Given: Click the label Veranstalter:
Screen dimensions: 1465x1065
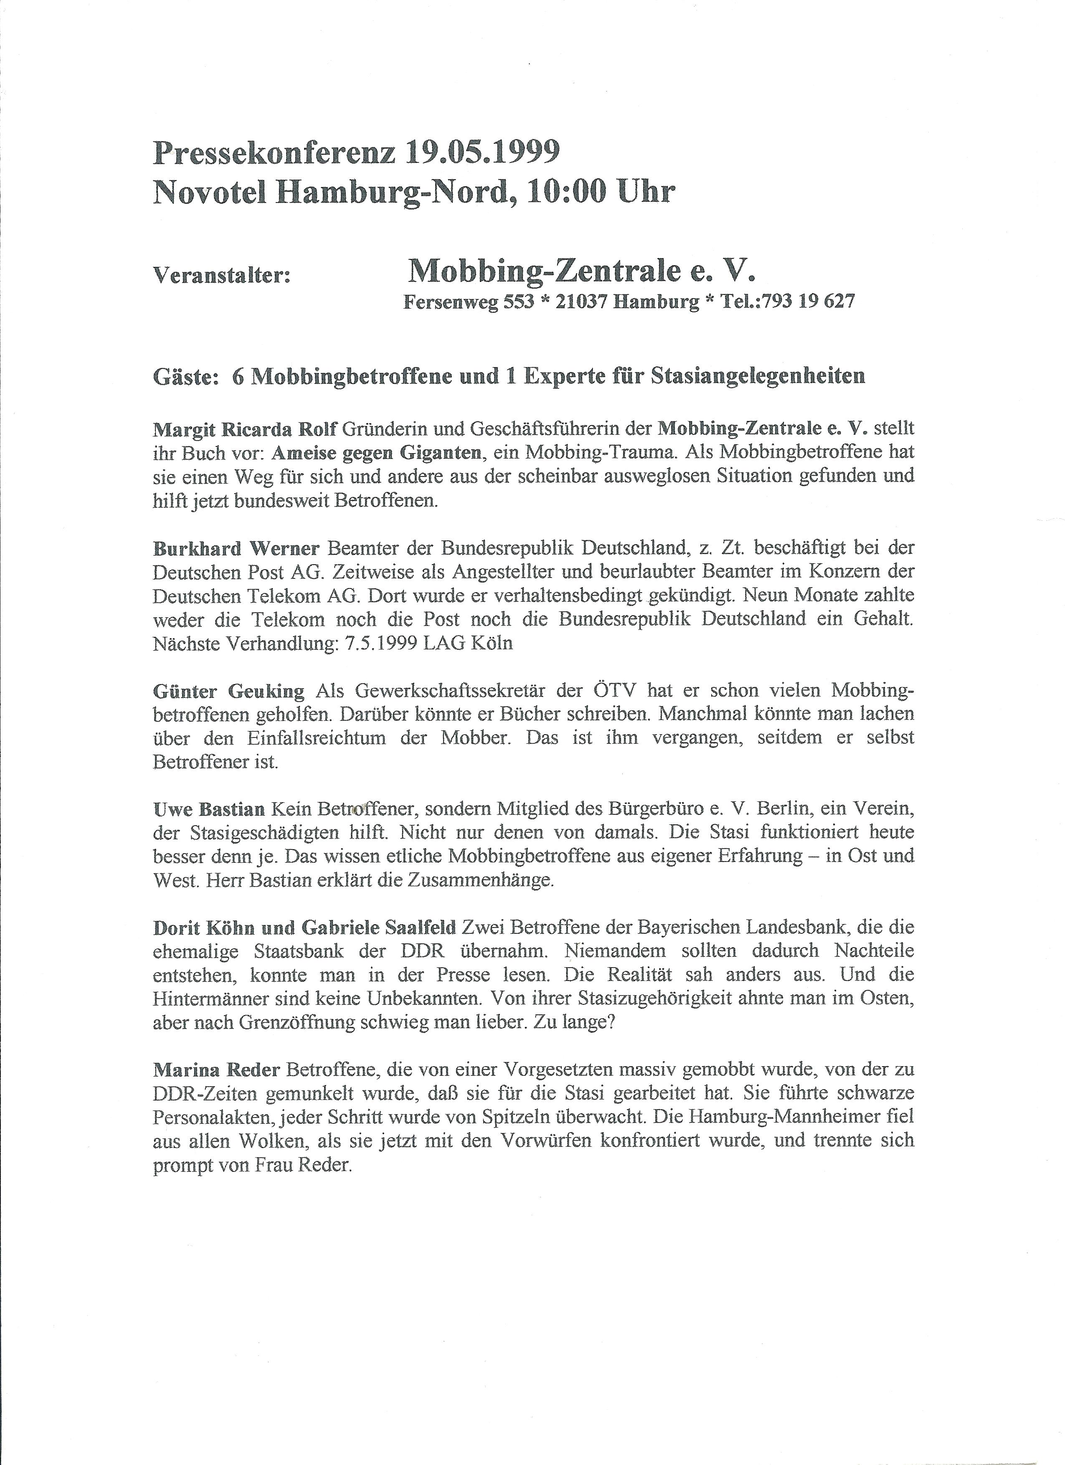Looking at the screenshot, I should (221, 276).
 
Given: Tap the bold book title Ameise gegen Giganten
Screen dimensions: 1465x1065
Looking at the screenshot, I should (377, 453).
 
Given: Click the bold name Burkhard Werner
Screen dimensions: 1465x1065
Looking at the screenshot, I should (236, 548).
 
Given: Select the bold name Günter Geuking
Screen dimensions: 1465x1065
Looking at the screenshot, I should (228, 690).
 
